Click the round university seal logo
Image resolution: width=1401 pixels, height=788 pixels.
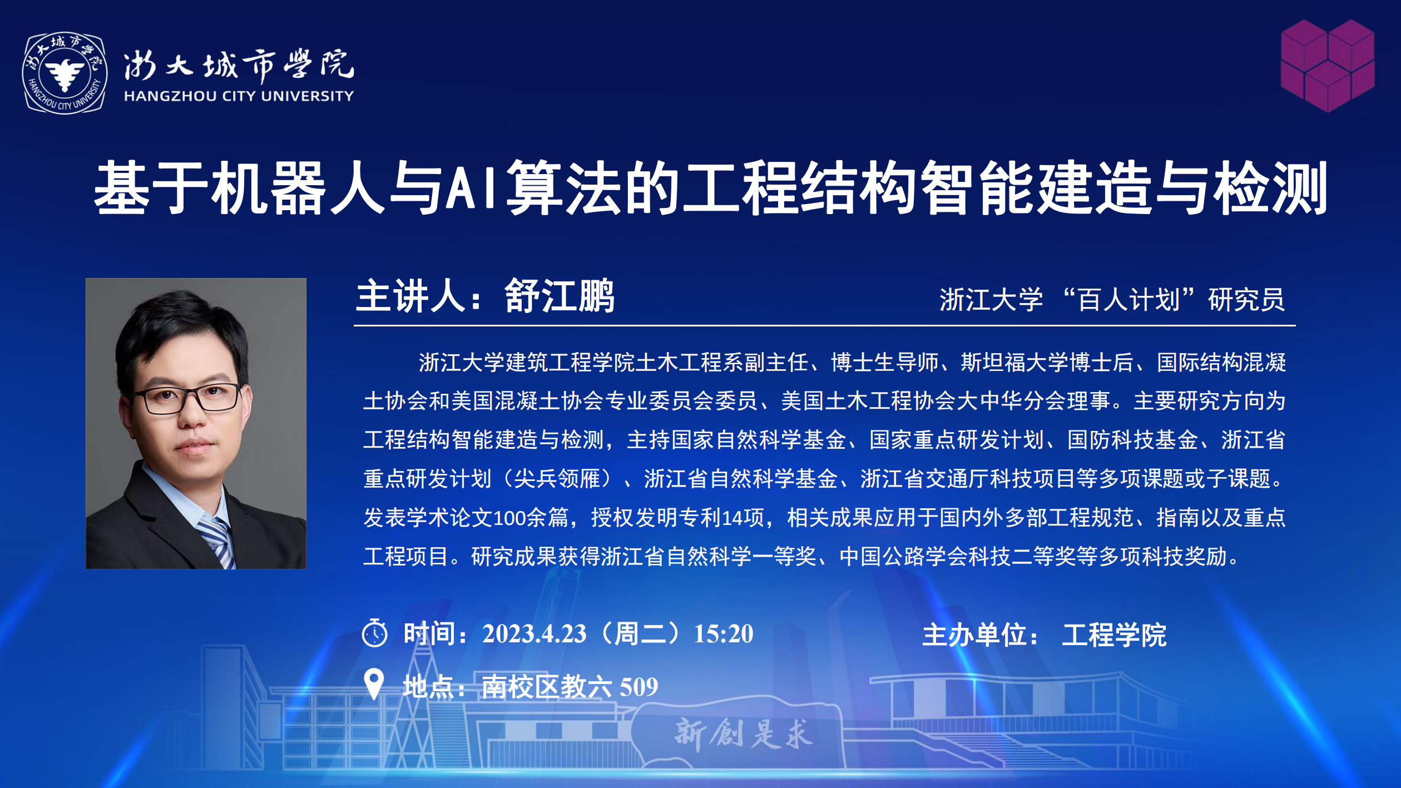(65, 73)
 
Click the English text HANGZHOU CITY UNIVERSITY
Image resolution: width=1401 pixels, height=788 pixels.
(239, 96)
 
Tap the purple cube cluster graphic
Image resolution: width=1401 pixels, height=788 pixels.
(1328, 66)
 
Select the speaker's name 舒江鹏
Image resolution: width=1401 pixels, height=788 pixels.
(560, 296)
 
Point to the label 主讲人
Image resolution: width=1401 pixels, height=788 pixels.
(411, 296)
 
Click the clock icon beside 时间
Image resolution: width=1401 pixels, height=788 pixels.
(374, 633)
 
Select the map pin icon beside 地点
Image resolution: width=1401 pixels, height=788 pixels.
(374, 683)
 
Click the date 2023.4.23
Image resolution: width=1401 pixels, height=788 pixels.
(534, 634)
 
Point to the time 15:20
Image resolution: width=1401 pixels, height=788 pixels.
(724, 634)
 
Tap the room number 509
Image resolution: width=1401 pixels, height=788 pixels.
(639, 687)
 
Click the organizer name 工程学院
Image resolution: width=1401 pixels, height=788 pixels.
(1114, 635)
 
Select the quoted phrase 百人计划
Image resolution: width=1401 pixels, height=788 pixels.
(1128, 300)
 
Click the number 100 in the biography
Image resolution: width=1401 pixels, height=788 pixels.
(509, 518)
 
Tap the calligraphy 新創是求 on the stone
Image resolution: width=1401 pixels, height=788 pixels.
(743, 734)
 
